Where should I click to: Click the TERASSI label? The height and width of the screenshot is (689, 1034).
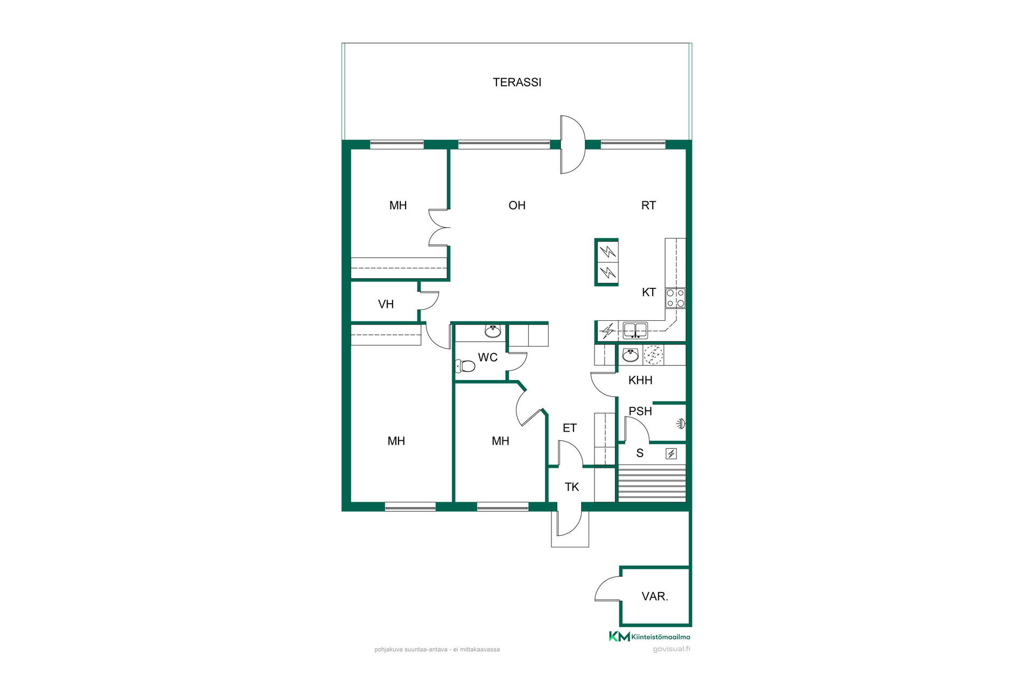[517, 82]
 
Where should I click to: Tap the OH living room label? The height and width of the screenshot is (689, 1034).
[517, 205]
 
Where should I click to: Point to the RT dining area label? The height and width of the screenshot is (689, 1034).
[648, 205]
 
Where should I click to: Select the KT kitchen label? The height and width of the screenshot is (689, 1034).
[648, 292]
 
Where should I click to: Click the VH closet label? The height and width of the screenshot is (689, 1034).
[386, 304]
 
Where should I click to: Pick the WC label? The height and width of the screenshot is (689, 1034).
[488, 357]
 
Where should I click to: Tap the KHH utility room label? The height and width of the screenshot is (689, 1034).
[640, 380]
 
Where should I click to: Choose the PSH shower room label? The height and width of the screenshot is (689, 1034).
[640, 411]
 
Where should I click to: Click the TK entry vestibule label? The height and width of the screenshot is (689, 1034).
[571, 487]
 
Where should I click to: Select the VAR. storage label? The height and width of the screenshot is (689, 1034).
[655, 596]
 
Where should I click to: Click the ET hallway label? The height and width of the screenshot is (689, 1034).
[570, 428]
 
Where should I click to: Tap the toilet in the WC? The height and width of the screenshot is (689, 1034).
[465, 366]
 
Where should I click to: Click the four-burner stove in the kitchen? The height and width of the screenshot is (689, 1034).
[675, 298]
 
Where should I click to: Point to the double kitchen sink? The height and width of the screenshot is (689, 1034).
[635, 330]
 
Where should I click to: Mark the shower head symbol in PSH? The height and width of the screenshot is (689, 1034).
[681, 424]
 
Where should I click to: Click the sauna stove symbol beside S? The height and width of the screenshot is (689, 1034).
[671, 454]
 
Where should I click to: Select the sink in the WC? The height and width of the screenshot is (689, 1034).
[493, 331]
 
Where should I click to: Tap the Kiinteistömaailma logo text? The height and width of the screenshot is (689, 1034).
[661, 637]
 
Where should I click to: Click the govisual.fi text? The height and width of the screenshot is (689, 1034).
[672, 649]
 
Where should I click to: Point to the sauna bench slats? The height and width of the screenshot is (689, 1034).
[652, 485]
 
